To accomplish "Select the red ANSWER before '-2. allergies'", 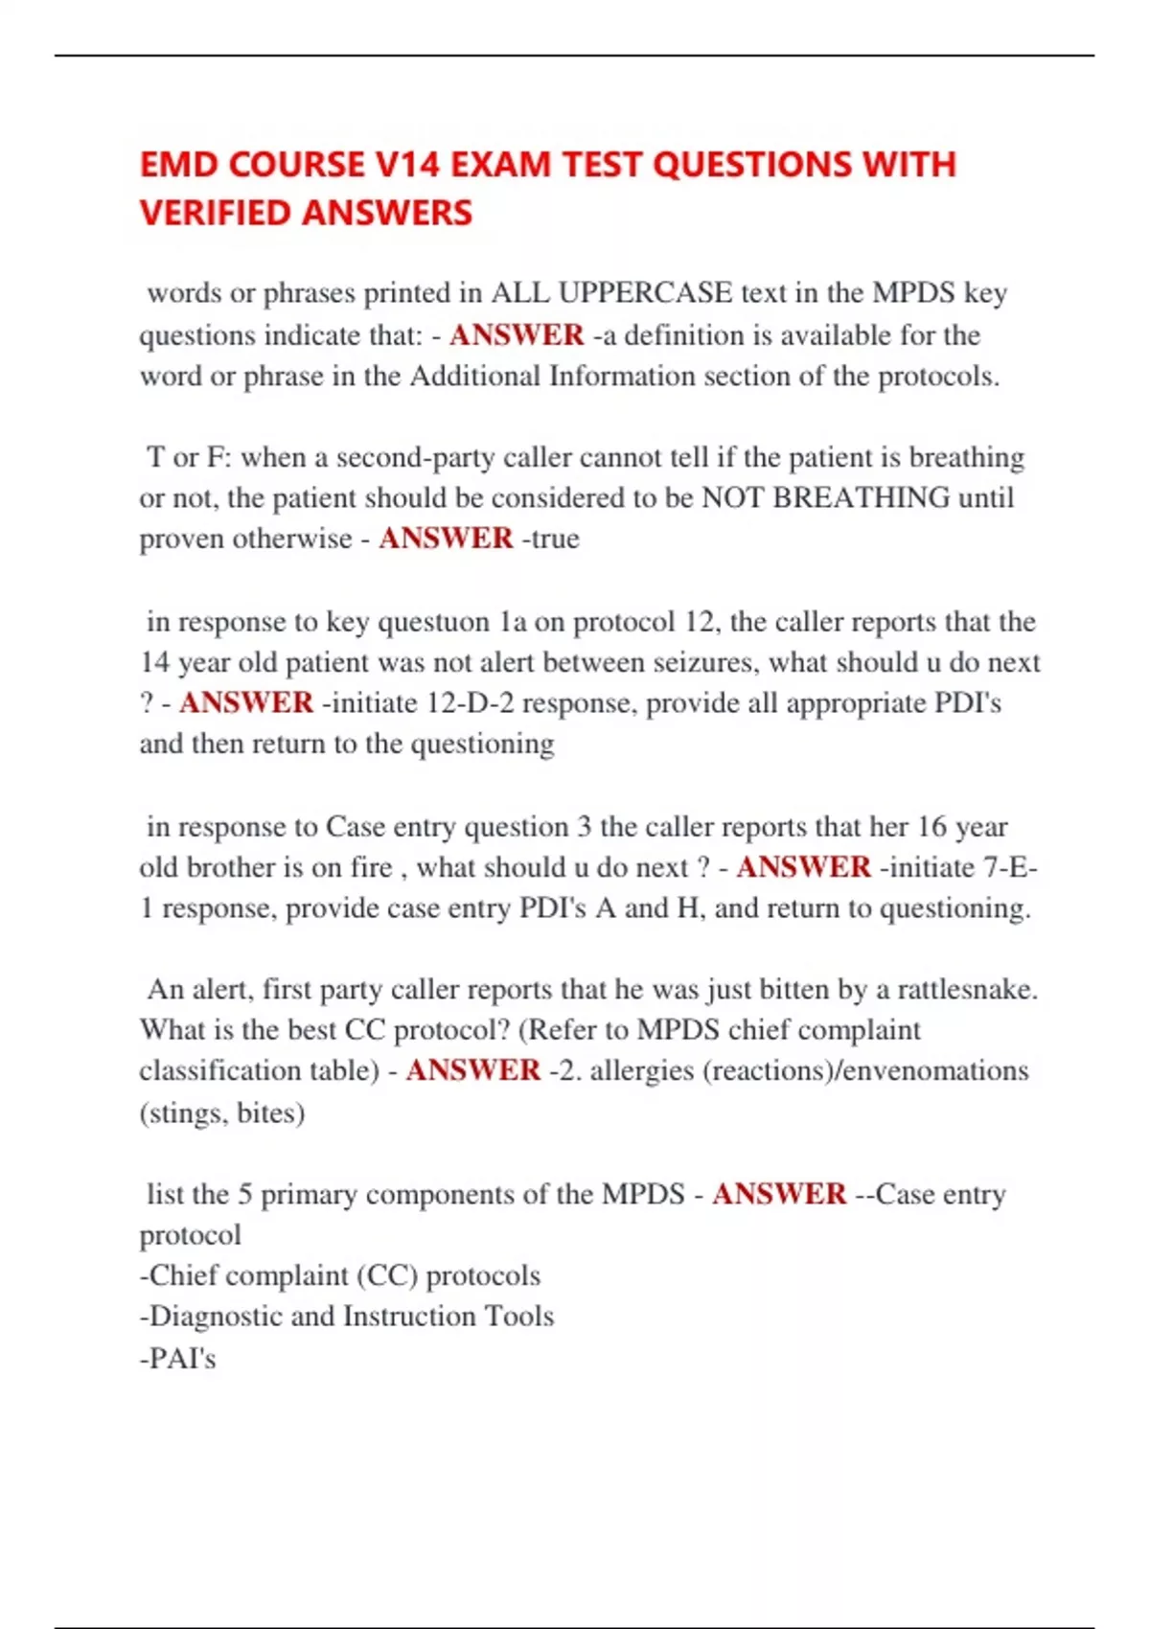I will pos(473,1070).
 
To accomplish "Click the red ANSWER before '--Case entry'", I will pos(779,1195).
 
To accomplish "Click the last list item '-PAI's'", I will pos(178,1359).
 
